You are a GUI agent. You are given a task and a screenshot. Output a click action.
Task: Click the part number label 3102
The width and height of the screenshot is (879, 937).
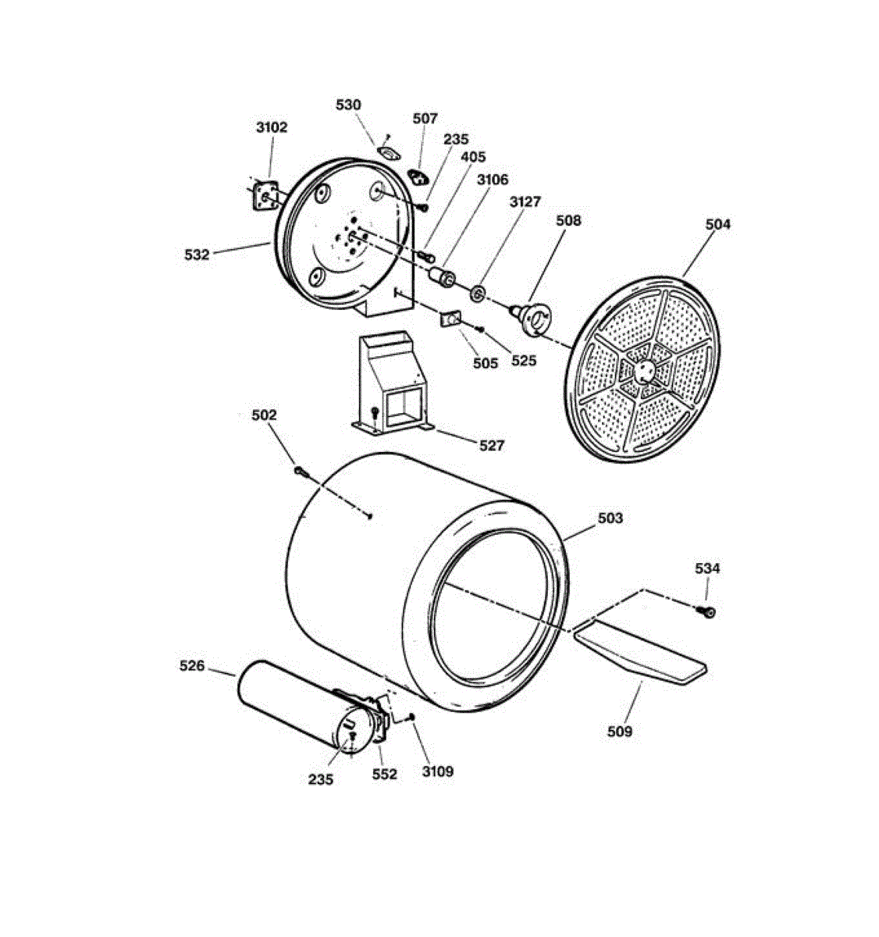(x=272, y=127)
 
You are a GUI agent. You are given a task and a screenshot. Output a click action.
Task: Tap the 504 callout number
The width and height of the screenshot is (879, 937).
(x=717, y=224)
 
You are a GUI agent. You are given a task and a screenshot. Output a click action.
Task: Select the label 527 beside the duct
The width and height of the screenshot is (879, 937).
(x=492, y=446)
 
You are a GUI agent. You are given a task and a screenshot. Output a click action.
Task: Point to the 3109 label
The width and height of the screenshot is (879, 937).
(x=437, y=771)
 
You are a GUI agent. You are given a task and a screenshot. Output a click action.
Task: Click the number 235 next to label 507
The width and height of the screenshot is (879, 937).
(x=456, y=139)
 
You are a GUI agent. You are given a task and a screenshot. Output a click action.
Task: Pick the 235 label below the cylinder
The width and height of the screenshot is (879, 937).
(x=321, y=779)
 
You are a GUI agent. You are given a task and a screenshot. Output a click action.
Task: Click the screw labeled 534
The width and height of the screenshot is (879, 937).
(x=710, y=612)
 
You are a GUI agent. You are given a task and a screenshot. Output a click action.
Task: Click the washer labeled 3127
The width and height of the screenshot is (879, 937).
(x=478, y=294)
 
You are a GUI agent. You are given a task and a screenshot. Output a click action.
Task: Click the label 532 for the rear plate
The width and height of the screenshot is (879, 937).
(x=197, y=254)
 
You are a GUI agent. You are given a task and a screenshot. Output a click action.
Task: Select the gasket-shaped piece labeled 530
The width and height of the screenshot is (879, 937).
(x=388, y=151)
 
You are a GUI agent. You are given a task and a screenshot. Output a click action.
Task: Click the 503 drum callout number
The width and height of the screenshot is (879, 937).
(x=610, y=518)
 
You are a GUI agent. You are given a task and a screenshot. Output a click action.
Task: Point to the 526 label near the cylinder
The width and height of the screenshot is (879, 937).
(x=192, y=666)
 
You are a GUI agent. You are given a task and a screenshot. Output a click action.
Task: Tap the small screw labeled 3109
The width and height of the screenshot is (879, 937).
(x=412, y=718)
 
